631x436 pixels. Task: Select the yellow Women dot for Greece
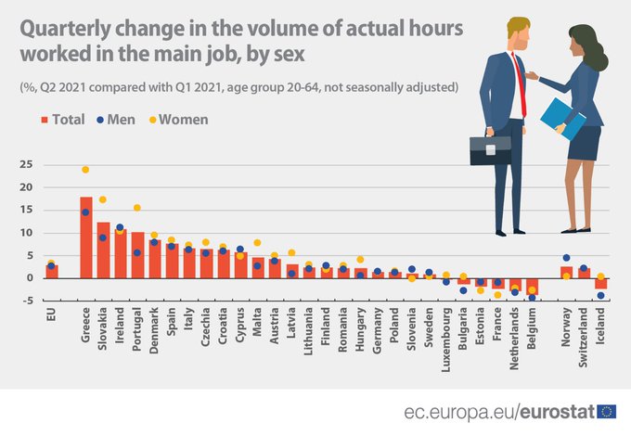[x=85, y=170]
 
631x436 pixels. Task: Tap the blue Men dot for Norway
[x=566, y=258]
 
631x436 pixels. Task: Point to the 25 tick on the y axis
[x=27, y=164]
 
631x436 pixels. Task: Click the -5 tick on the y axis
[x=27, y=300]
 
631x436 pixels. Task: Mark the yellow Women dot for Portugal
[x=137, y=208]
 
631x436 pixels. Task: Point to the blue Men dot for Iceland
[x=600, y=296]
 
